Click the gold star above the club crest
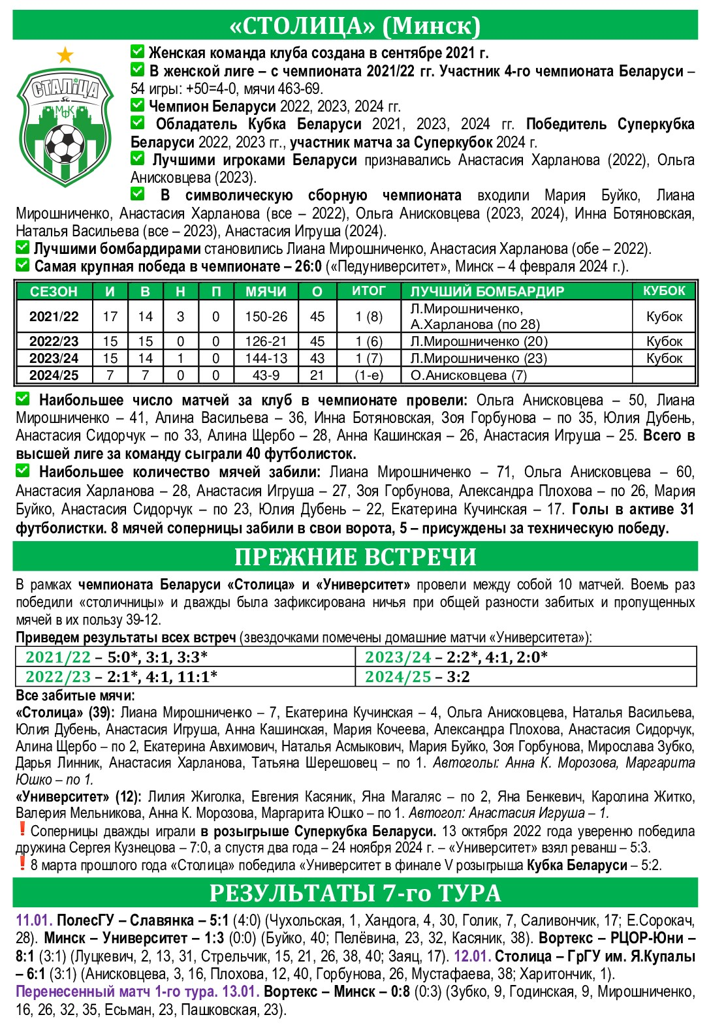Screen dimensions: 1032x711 pyautogui.click(x=65, y=55)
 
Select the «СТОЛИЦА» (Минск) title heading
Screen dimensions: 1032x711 pyautogui.click(x=355, y=25)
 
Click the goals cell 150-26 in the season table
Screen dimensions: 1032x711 pyautogui.click(x=266, y=317)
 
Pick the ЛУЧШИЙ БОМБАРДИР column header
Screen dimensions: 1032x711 pyautogui.click(x=487, y=291)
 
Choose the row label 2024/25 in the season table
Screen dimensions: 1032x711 pyautogui.click(x=54, y=375)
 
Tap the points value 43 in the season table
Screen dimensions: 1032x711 pyautogui.click(x=317, y=358)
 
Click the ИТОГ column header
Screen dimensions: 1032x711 pyautogui.click(x=369, y=290)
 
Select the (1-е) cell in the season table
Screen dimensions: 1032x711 pyautogui.click(x=369, y=375)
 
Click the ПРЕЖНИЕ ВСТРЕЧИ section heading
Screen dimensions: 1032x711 pyautogui.click(x=355, y=557)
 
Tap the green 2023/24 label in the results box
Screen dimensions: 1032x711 pyautogui.click(x=398, y=657)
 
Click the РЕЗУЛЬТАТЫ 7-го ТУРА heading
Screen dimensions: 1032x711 pyautogui.click(x=355, y=893)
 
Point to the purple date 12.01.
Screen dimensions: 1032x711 pyautogui.click(x=472, y=957)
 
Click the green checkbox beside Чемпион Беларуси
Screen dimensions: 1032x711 pyautogui.click(x=137, y=105)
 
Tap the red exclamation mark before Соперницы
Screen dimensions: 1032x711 pyautogui.click(x=22, y=830)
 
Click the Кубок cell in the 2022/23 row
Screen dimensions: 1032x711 pyautogui.click(x=664, y=341)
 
